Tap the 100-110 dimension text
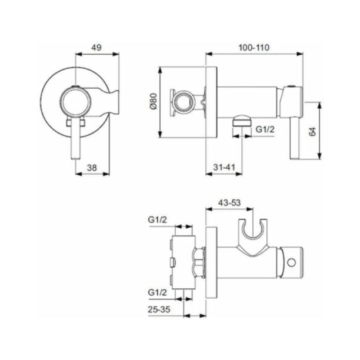255,48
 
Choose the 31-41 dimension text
224,167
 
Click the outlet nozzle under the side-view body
238,122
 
